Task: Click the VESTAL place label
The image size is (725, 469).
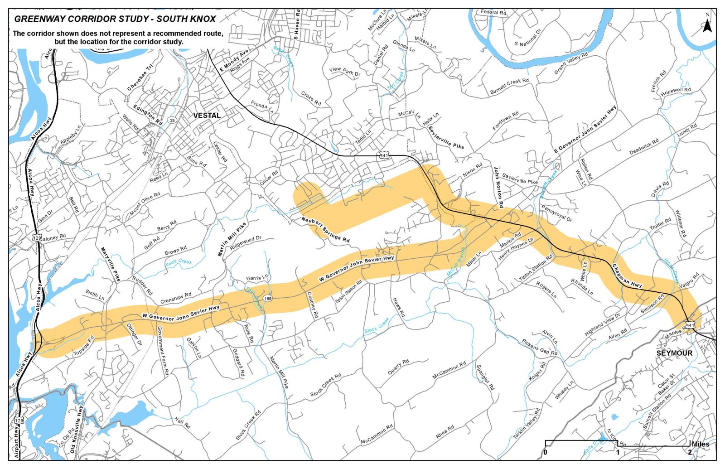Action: coord(207,116)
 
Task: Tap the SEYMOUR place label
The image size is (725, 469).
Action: coord(674,353)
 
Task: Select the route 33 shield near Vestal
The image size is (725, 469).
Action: coord(172,120)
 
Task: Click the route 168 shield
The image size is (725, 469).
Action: coord(268,298)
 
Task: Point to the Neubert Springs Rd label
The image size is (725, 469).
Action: coord(325,229)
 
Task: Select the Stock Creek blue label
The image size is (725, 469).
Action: coord(377,325)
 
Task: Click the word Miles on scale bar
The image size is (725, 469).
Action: coord(701,444)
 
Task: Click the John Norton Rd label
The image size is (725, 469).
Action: coord(498,187)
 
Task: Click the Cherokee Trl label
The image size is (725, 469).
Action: coord(140,77)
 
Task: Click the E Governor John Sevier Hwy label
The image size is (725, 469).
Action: coord(585,130)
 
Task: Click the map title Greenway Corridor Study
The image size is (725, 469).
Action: coord(115,19)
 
